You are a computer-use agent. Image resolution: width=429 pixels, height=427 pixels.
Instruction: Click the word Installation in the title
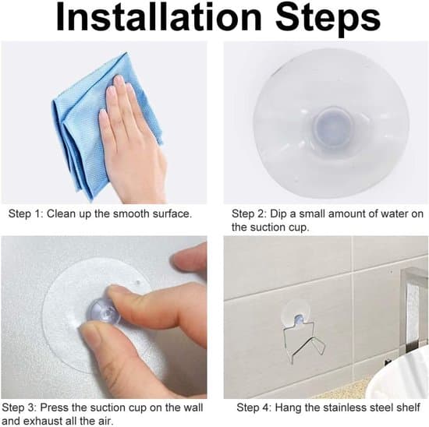159,17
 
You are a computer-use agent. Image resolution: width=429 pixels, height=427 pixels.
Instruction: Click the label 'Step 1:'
26,213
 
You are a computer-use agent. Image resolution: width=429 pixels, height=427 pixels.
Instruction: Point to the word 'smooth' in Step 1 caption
132,213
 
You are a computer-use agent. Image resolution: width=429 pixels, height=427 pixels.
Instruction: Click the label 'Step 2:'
249,213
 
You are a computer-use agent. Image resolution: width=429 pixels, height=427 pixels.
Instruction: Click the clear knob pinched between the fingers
105,311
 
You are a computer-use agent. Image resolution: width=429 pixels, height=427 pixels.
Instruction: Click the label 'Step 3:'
19,408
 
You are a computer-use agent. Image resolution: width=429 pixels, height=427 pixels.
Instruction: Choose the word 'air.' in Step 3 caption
105,421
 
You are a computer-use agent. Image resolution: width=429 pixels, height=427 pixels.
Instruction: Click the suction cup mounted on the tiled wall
296,313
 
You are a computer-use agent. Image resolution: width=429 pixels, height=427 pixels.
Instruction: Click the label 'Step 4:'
253,408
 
